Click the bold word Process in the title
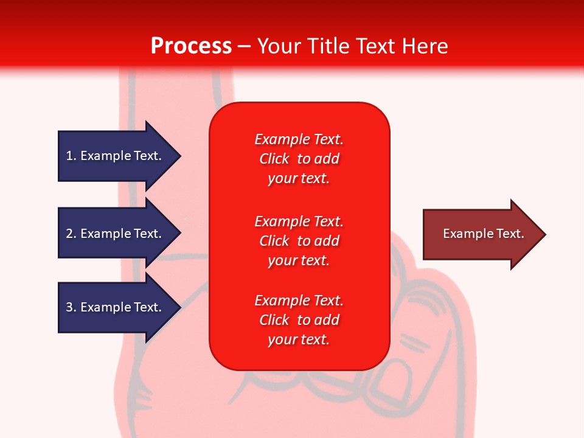pos(191,46)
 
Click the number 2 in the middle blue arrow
pos(69,234)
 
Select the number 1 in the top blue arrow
pos(69,156)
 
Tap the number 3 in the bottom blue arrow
pos(69,307)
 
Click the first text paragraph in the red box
pos(299,159)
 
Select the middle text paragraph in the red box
pos(299,241)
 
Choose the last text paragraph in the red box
pos(299,320)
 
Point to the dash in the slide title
pos(244,46)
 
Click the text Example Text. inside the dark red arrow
pos(483,234)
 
